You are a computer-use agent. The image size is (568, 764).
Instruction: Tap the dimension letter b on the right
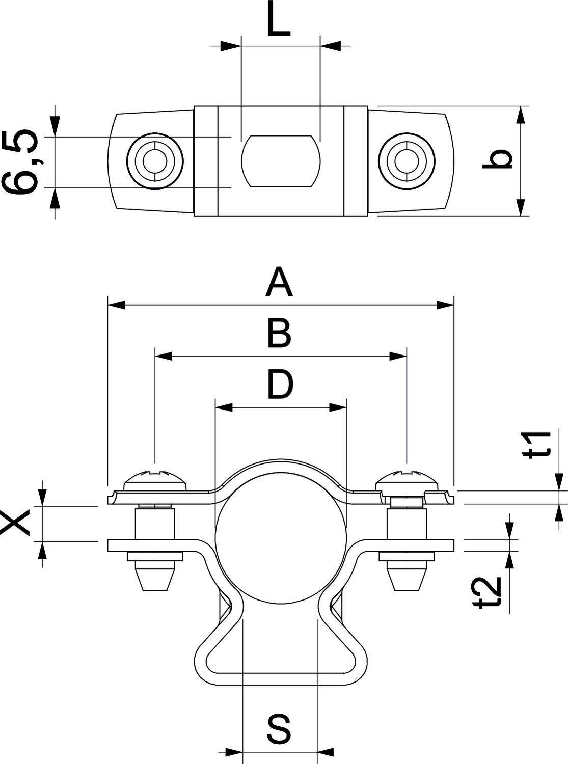tap(497, 159)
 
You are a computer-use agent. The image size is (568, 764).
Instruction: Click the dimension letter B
tap(279, 334)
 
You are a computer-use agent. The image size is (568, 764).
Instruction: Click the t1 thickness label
tap(539, 445)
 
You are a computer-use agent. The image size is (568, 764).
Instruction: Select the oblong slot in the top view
tap(281, 161)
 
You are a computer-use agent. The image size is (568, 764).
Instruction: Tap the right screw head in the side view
tap(407, 478)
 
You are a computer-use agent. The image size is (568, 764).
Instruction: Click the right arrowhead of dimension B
tap(398, 357)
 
